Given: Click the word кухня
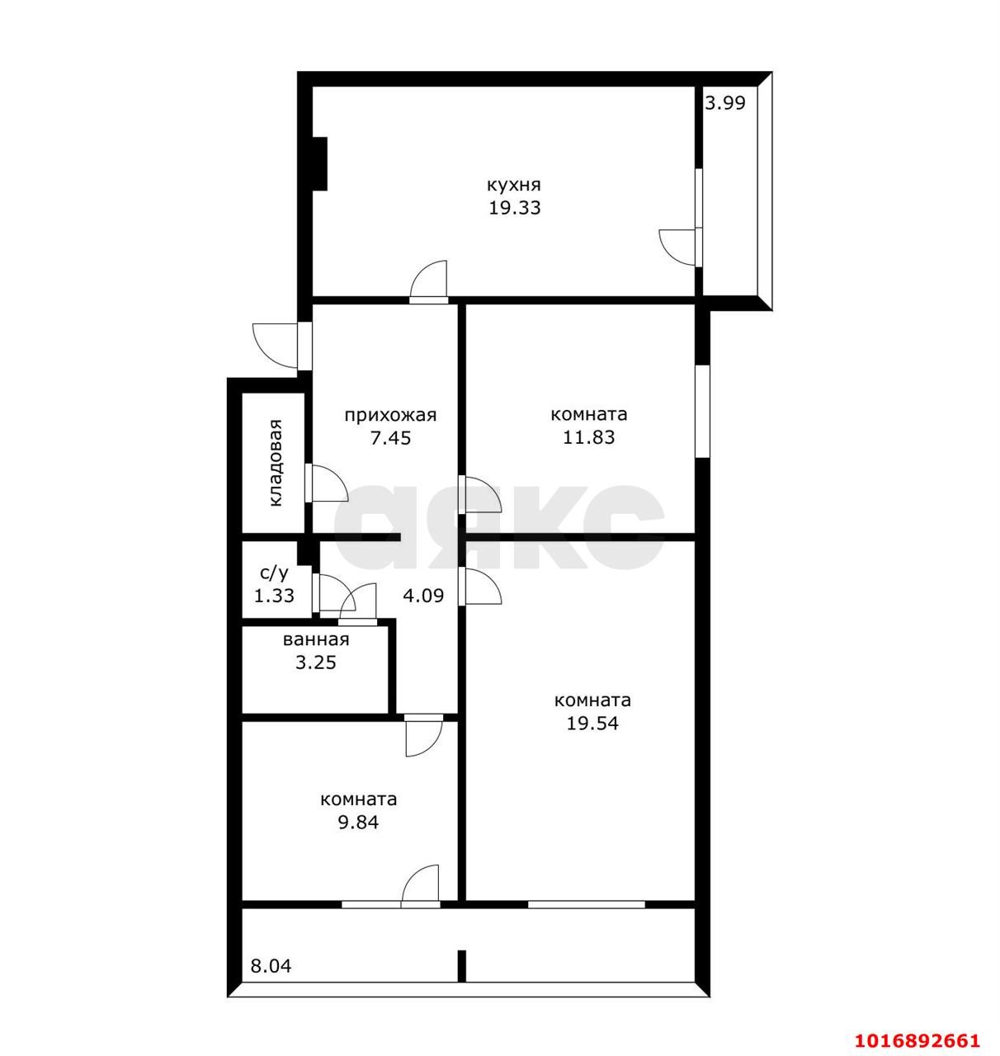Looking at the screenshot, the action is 514,186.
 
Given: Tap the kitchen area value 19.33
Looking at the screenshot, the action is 514,207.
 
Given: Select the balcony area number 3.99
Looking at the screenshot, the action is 725,102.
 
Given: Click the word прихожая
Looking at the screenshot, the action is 390,415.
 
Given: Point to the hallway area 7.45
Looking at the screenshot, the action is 390,438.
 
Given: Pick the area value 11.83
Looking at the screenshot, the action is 588,437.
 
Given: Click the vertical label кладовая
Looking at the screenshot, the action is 275,463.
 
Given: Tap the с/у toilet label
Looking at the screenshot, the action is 274,573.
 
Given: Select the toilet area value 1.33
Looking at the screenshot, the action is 274,596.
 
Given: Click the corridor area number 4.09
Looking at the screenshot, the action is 423,596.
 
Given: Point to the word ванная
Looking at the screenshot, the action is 316,639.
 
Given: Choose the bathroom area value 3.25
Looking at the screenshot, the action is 316,662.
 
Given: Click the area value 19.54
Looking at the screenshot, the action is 592,724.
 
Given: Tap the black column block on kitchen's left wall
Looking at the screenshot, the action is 320,163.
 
